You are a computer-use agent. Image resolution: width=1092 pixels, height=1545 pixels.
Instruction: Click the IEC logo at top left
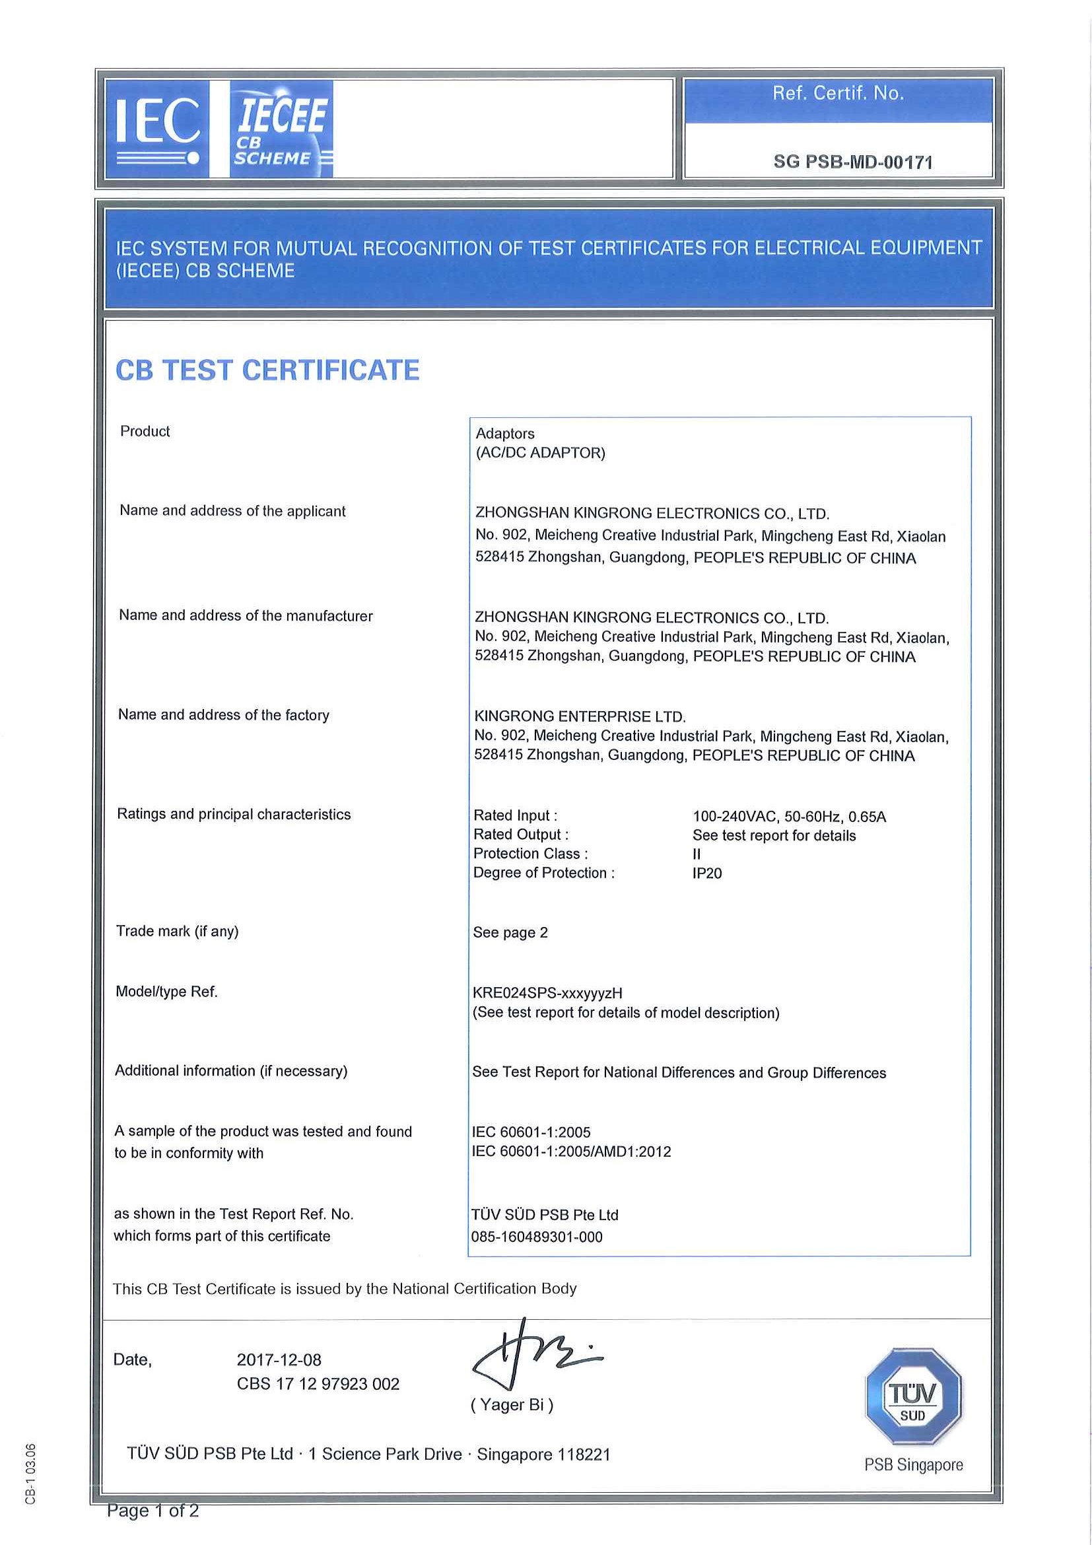pyautogui.click(x=156, y=129)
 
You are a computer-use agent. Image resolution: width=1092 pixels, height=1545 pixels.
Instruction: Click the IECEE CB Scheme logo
pyautogui.click(x=281, y=129)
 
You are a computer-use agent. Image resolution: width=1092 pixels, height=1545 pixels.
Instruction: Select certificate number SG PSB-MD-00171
pyautogui.click(x=852, y=162)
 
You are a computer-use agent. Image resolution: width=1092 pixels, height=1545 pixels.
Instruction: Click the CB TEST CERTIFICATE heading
pyautogui.click(x=267, y=370)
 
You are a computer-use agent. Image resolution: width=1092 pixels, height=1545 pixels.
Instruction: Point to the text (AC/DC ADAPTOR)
pyautogui.click(x=540, y=453)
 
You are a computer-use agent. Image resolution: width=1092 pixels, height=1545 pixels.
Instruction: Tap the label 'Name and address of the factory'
pyautogui.click(x=223, y=714)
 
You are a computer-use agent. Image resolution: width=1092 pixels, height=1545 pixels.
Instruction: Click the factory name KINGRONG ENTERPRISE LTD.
pyautogui.click(x=580, y=716)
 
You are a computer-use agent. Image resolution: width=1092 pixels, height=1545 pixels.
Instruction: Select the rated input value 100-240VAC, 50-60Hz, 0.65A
pyautogui.click(x=788, y=816)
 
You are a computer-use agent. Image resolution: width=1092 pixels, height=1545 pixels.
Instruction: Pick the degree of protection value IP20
pyautogui.click(x=706, y=873)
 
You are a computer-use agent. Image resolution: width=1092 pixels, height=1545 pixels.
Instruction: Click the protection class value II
pyautogui.click(x=697, y=854)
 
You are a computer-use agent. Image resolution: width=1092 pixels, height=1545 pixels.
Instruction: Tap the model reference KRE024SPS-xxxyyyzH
pyautogui.click(x=547, y=992)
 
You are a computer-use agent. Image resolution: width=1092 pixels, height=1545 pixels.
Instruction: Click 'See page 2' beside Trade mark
pyautogui.click(x=510, y=932)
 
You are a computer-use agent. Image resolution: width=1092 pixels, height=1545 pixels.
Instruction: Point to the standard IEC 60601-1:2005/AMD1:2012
pyautogui.click(x=571, y=1151)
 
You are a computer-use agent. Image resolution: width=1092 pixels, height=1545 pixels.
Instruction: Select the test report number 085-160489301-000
pyautogui.click(x=536, y=1237)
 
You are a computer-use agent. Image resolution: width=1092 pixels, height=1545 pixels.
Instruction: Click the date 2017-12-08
pyautogui.click(x=279, y=1360)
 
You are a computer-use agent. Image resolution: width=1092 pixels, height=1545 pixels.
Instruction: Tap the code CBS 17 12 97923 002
pyautogui.click(x=318, y=1383)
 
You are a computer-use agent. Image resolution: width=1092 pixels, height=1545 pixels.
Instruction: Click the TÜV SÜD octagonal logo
pyautogui.click(x=912, y=1396)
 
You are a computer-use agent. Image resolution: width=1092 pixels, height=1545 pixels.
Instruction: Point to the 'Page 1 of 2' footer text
pyautogui.click(x=153, y=1511)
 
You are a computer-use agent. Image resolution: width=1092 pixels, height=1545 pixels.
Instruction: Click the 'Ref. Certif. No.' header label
pyautogui.click(x=838, y=94)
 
